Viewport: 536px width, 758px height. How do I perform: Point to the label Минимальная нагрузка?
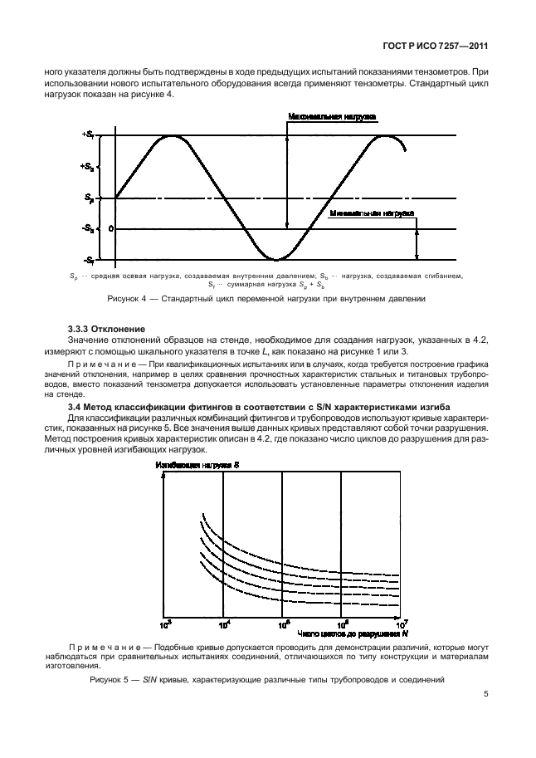(x=371, y=213)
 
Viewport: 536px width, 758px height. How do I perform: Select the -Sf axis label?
(x=89, y=260)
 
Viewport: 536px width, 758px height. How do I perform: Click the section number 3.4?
(x=73, y=404)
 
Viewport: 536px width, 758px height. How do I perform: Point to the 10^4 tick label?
(x=224, y=624)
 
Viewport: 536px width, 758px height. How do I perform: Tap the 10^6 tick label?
(x=342, y=624)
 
